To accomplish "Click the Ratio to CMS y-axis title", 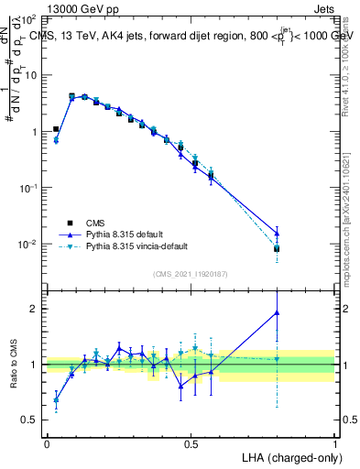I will coord(14,365).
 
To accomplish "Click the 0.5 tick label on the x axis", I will coord(191,443).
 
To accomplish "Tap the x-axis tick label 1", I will coord(335,443).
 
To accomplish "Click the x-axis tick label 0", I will coord(47,443).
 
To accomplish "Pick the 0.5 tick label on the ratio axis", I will coord(32,420).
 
